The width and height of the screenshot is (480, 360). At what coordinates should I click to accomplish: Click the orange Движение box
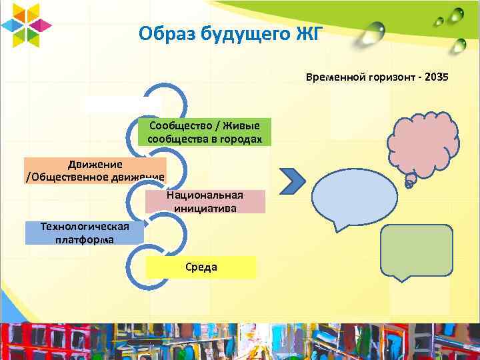95,170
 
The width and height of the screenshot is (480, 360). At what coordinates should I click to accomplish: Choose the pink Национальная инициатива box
205,201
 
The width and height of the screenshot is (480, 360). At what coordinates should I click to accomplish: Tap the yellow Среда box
201,267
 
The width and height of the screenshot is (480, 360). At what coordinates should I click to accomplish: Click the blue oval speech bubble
356,197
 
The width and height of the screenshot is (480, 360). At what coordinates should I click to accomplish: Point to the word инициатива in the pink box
205,207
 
